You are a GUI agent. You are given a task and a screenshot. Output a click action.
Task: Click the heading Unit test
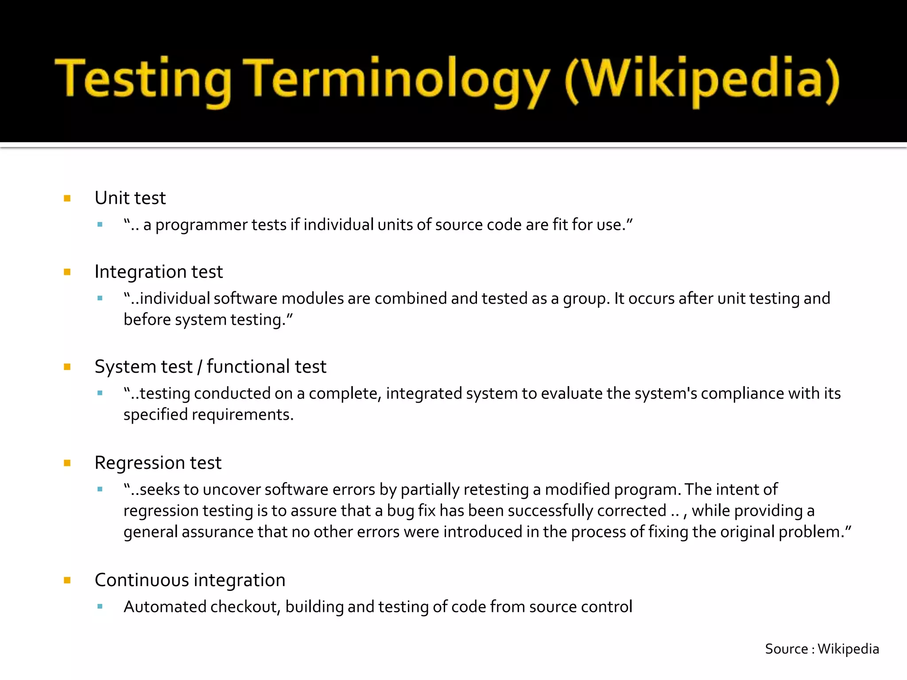coord(130,198)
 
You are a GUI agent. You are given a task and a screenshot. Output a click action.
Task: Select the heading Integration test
coord(159,272)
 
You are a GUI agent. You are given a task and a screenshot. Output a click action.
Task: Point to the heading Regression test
coord(158,463)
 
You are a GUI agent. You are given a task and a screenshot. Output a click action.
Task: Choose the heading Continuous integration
coord(190,580)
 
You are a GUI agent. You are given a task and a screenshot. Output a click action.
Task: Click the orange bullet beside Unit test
coord(67,198)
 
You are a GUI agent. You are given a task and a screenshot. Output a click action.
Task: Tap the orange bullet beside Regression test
coord(67,464)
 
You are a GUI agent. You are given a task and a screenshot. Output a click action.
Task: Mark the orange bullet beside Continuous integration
coord(67,580)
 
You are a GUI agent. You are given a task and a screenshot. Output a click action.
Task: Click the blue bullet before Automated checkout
coord(100,607)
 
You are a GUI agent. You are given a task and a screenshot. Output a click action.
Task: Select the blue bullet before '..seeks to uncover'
coord(100,490)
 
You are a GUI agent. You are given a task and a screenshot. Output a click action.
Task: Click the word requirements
coord(242,415)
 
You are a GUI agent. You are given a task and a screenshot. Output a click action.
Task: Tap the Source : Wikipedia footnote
coord(822,649)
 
